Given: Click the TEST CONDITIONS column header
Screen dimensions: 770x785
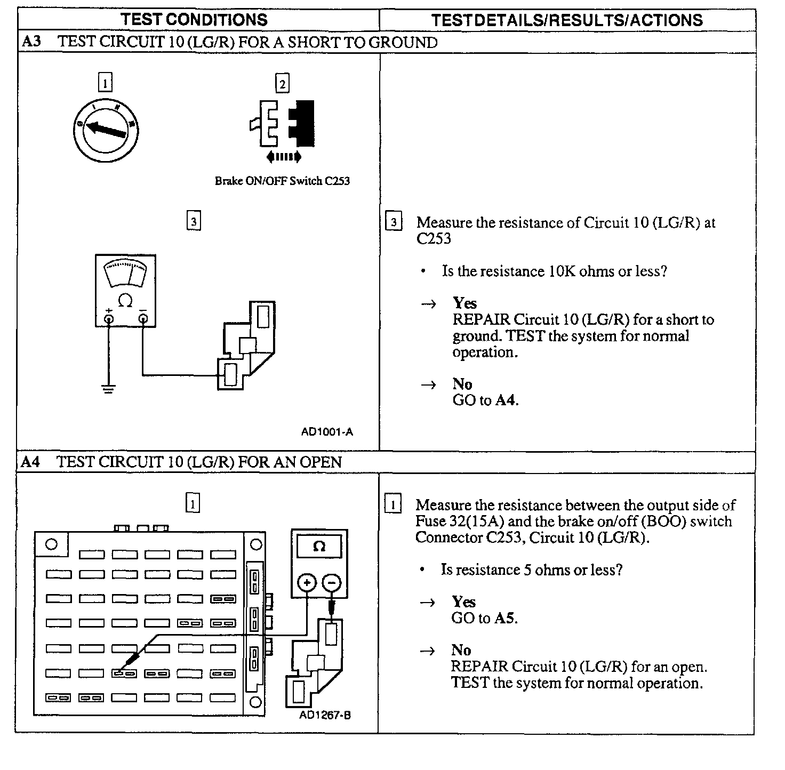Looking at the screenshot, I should coord(194,20).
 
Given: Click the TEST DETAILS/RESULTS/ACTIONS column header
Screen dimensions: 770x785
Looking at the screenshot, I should coord(567,20).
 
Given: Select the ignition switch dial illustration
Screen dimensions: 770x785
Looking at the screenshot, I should coord(106,129).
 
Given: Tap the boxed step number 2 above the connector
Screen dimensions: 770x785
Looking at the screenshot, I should coord(282,84).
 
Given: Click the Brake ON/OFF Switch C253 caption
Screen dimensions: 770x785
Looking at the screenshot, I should coord(282,181).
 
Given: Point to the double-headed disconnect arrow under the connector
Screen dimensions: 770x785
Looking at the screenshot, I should coord(284,157).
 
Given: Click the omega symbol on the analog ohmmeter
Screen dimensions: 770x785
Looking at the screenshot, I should coord(125,301).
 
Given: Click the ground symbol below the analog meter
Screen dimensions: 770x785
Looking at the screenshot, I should coord(108,389).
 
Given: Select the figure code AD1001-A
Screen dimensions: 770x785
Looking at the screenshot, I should coord(327,432).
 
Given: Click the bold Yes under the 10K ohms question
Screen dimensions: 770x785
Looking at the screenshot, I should coord(464,303).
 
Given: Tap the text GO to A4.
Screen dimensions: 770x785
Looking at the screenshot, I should coord(485,400).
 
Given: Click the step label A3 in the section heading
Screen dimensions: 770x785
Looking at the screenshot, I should coord(31,42).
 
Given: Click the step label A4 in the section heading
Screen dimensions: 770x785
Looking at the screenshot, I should coord(31,461).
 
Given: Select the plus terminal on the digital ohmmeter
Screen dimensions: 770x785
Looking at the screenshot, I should coord(307,582).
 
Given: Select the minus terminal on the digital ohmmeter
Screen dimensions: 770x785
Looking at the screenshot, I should coord(332,582).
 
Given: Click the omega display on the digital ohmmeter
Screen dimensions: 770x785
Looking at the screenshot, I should coord(319,547).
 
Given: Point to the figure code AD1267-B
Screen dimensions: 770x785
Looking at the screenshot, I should coord(325,715).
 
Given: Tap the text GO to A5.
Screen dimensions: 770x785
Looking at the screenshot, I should coord(484,618).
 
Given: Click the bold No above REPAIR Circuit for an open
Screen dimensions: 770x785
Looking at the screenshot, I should coord(461,650).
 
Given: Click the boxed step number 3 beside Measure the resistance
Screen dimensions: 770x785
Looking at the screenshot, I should coord(394,222).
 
